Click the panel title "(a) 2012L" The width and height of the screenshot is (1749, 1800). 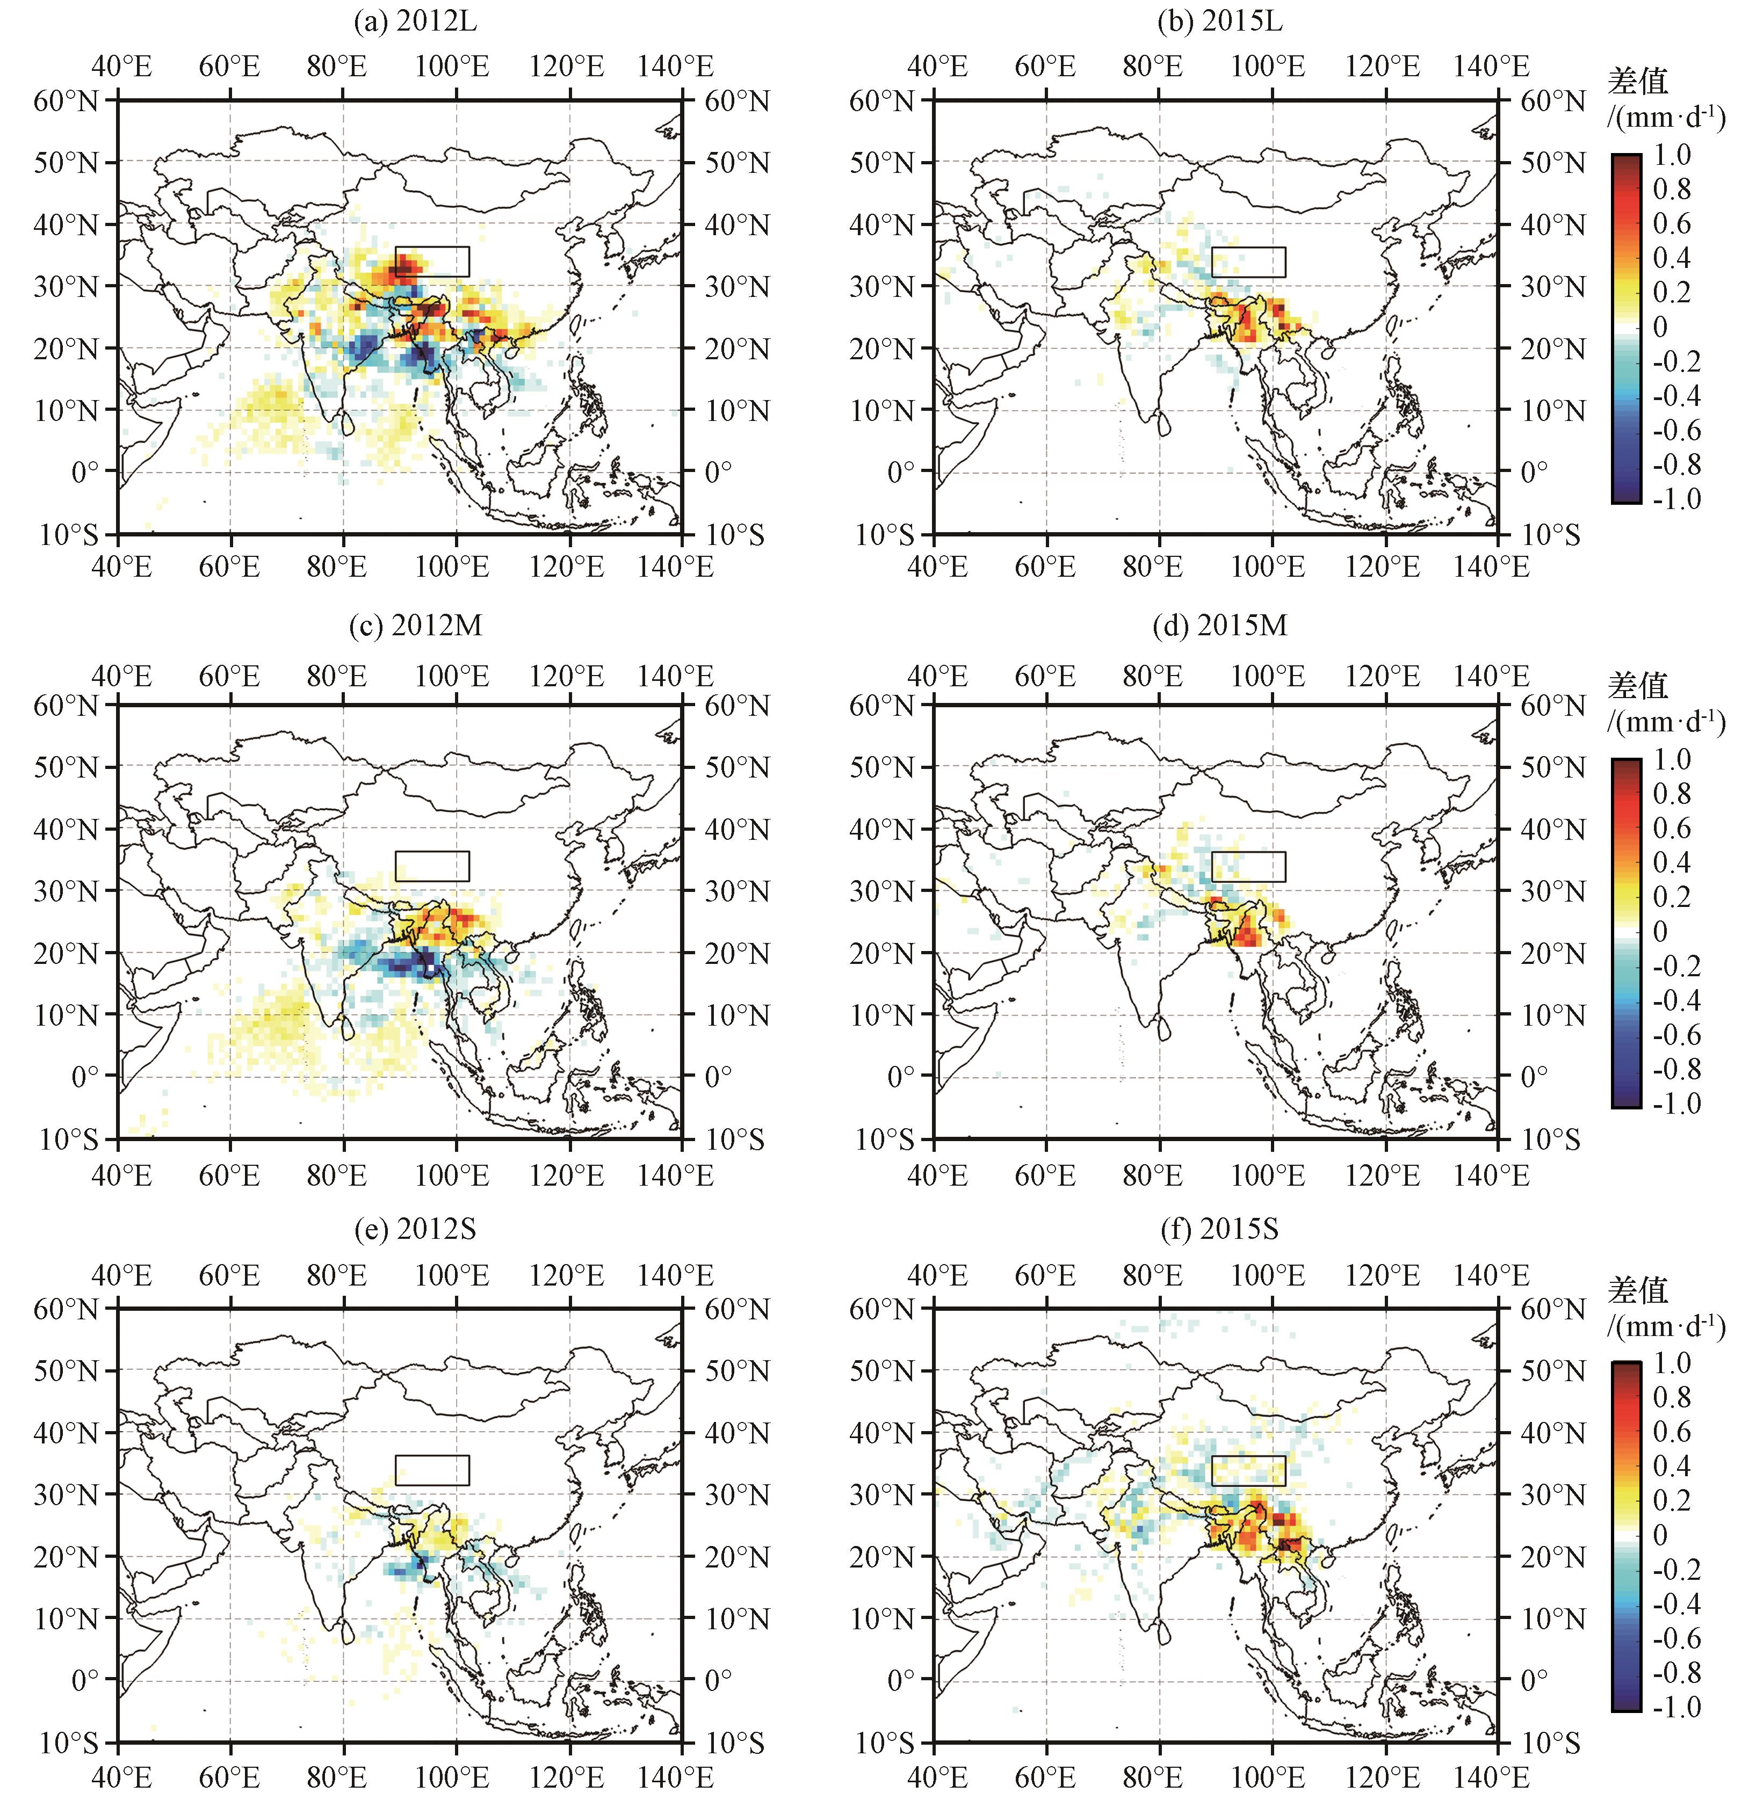(x=415, y=21)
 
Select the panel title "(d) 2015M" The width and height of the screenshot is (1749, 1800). (x=1220, y=626)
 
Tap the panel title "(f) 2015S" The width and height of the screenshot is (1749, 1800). (x=1220, y=1229)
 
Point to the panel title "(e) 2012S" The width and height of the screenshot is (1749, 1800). (x=415, y=1229)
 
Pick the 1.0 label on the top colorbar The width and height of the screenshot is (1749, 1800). (x=1672, y=154)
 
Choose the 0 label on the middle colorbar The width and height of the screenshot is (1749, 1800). (x=1661, y=931)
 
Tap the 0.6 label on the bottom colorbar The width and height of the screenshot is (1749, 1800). (x=1672, y=1432)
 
